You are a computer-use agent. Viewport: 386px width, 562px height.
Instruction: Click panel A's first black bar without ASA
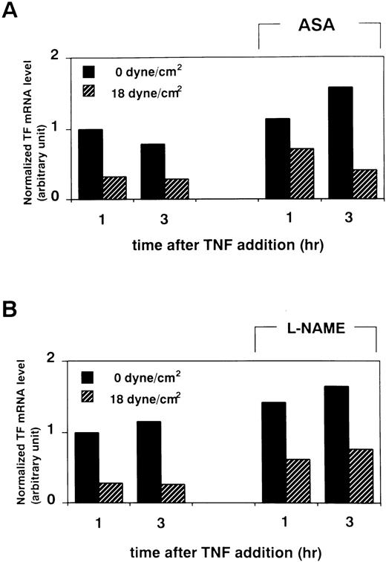[91, 164]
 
